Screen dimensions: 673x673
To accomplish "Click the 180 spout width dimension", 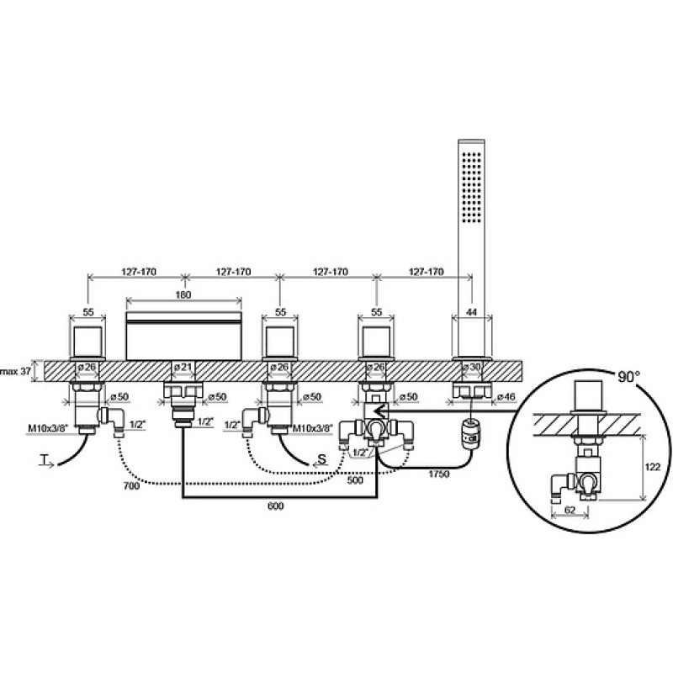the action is click(x=183, y=295).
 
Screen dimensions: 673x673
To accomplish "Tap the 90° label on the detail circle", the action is click(x=628, y=376).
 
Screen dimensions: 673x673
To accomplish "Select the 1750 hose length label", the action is click(x=438, y=474).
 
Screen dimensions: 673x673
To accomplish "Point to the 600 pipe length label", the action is click(x=276, y=506).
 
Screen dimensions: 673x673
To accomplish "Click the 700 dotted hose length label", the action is click(x=131, y=485).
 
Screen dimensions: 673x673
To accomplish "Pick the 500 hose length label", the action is click(x=355, y=480).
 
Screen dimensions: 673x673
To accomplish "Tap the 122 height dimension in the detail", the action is click(x=653, y=467).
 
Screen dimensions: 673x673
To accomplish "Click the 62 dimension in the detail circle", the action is click(x=570, y=510).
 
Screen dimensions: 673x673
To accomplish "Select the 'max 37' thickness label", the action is click(x=16, y=371).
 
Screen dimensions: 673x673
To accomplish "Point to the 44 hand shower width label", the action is click(x=471, y=312).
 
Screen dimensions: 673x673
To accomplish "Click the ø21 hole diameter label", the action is click(x=183, y=367).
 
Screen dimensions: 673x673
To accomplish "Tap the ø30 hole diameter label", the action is click(x=472, y=367).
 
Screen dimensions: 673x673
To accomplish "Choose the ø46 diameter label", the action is click(x=506, y=397).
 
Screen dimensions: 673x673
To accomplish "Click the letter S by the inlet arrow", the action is click(x=322, y=458).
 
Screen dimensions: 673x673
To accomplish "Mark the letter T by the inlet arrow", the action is click(x=44, y=460).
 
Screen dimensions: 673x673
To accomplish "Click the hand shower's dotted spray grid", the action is click(x=472, y=187).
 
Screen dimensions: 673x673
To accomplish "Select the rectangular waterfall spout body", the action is click(x=183, y=336).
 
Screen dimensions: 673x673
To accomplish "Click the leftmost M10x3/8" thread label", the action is click(x=48, y=428).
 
